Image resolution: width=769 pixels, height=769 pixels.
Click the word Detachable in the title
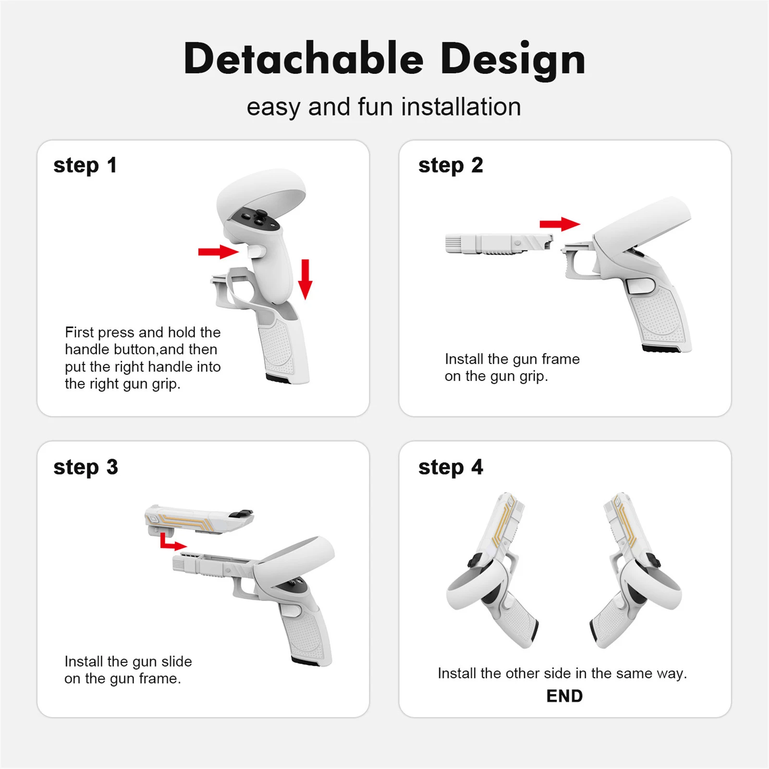304,59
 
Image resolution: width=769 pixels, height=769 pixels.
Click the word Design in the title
513,61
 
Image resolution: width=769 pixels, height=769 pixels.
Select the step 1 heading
85,166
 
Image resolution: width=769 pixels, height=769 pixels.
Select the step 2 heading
451,166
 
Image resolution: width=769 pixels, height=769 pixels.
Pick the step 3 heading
85,468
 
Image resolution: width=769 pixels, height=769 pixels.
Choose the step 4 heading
451,468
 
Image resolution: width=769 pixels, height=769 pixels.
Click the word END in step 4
564,696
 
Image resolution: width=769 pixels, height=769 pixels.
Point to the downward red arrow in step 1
305,279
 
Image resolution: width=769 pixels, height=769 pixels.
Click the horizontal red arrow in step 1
219,252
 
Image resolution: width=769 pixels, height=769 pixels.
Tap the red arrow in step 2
560,224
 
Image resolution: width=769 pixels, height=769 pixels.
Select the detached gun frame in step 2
499,244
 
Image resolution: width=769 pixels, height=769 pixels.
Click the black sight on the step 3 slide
242,514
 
